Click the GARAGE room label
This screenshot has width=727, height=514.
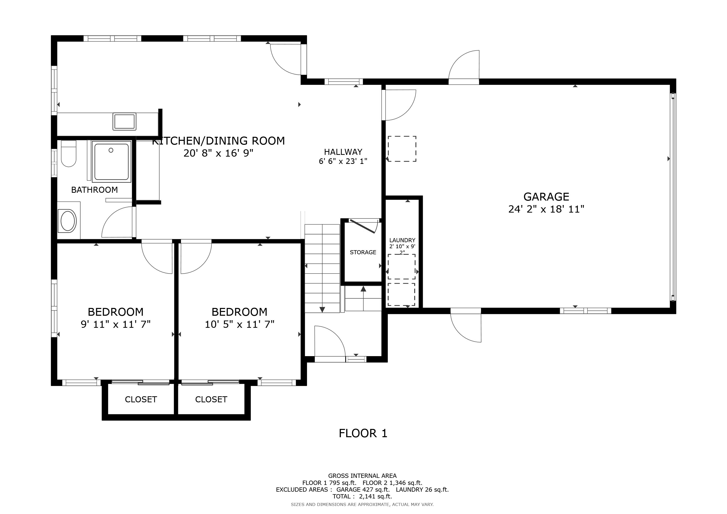(x=546, y=197)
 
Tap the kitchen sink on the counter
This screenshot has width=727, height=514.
(x=125, y=121)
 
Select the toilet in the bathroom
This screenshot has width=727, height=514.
(x=68, y=154)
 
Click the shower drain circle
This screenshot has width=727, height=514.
(x=111, y=150)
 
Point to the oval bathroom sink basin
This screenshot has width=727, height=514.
(x=68, y=221)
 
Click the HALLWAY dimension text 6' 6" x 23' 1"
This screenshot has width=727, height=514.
(x=343, y=161)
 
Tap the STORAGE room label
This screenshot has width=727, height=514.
(x=363, y=252)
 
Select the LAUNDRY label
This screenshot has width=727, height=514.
(x=402, y=240)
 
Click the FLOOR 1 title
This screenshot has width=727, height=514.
(x=363, y=433)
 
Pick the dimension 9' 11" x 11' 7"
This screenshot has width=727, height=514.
(x=115, y=325)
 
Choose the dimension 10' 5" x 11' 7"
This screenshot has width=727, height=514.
(x=239, y=325)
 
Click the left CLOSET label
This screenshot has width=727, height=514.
(x=141, y=399)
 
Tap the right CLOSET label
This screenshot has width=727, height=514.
(x=211, y=399)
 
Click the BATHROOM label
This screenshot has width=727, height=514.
(x=94, y=190)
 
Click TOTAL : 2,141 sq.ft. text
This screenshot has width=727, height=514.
(x=362, y=496)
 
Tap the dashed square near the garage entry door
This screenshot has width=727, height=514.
(x=402, y=149)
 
